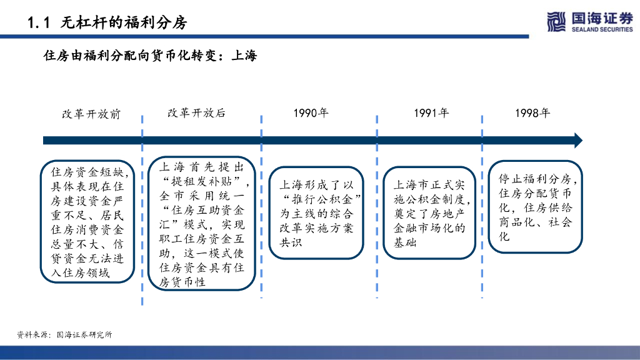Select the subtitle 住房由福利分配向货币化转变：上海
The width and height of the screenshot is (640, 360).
[150, 56]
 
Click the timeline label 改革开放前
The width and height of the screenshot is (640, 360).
[91, 114]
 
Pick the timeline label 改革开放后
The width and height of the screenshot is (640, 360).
[196, 113]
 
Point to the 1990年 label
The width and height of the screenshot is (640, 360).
[311, 113]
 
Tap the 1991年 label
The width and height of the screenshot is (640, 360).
[431, 113]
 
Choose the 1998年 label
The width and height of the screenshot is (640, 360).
[532, 113]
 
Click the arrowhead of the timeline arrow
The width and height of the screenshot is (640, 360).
[577, 141]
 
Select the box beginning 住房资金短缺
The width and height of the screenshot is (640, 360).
[87, 221]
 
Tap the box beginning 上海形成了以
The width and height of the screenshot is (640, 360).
[316, 213]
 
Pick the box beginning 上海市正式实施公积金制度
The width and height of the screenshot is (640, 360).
[429, 213]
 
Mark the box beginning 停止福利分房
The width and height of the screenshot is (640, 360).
[535, 207]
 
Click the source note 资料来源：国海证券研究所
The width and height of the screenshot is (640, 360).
[64, 335]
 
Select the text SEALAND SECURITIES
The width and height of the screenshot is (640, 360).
[602, 29]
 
